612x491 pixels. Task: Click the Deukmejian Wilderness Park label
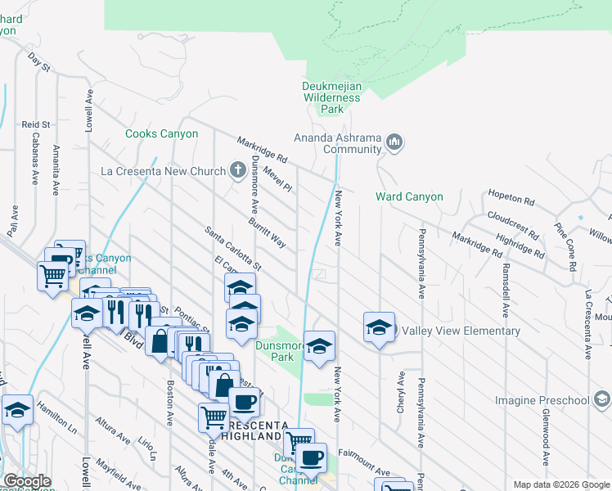[x=331, y=97]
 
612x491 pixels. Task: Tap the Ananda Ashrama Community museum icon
[x=394, y=143]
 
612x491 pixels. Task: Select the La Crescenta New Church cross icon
[x=237, y=171]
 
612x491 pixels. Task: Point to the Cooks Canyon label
[x=161, y=133]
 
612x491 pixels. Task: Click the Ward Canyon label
[x=409, y=196]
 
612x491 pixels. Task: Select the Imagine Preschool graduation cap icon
[x=601, y=399]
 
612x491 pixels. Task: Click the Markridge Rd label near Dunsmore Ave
[x=263, y=148]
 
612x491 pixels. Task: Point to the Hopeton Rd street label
[x=511, y=199]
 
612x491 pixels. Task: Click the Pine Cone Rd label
[x=566, y=246]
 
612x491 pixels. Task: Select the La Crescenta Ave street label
[x=587, y=323]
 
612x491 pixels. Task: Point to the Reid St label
[x=36, y=124]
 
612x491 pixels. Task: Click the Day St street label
[x=38, y=61]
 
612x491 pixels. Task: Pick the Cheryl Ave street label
[x=401, y=392]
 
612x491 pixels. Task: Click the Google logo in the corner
[x=26, y=481]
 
